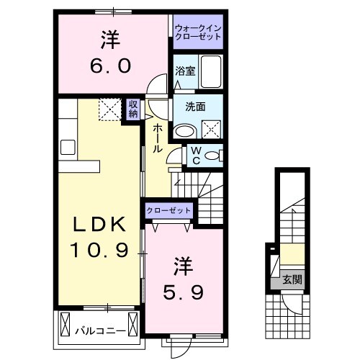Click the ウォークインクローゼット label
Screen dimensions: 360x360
pyautogui.click(x=199, y=32)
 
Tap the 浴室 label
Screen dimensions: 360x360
pyautogui.click(x=185, y=71)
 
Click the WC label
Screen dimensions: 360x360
pyautogui.click(x=194, y=156)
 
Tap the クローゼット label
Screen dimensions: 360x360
pyautogui.click(x=169, y=210)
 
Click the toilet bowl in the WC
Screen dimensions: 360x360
pyautogui.click(x=215, y=156)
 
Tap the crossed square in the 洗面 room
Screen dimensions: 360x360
pyautogui.click(x=212, y=129)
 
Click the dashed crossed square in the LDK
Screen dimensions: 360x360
pyautogui.click(x=110, y=109)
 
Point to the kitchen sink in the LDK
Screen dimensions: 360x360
pyautogui.click(x=68, y=148)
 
